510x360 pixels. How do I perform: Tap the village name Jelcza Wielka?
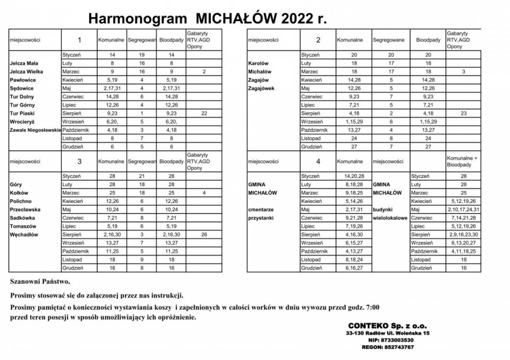(26, 71)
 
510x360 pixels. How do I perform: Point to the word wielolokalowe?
(390, 218)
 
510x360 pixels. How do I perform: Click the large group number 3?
(79, 160)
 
